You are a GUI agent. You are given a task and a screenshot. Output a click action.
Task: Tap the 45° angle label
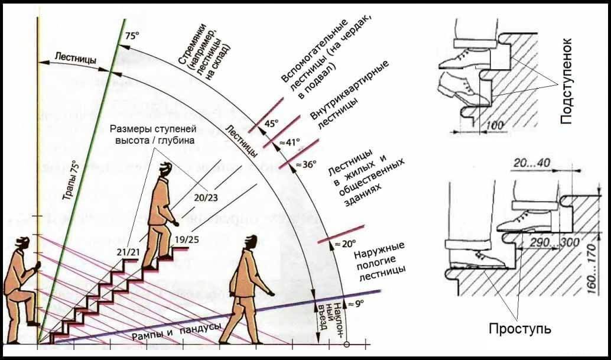pyautogui.click(x=271, y=124)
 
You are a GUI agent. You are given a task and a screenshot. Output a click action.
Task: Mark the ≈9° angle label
pyautogui.click(x=355, y=303)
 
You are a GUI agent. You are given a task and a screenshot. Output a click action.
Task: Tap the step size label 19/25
pyautogui.click(x=186, y=240)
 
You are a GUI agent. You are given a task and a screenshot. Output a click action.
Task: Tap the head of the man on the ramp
pyautogui.click(x=251, y=242)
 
